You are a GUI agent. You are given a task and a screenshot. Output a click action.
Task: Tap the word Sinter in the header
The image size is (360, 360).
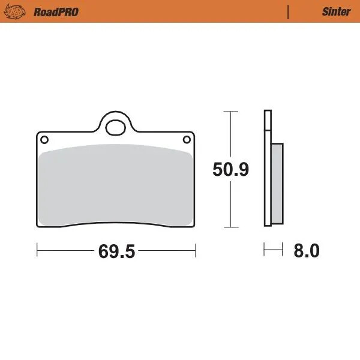click(x=337, y=11)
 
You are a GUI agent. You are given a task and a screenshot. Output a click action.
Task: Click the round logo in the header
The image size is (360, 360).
click(x=19, y=11)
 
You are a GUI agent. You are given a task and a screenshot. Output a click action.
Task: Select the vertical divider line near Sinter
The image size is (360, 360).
click(x=289, y=11)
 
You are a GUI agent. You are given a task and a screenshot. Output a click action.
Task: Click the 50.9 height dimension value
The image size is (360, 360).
click(x=230, y=170)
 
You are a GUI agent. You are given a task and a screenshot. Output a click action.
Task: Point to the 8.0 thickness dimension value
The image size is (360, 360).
click(x=306, y=251)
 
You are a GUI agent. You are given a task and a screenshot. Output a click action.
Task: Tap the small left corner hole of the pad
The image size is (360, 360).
click(x=43, y=140)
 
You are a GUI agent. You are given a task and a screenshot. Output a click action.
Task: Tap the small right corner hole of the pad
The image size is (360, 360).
click(x=187, y=140)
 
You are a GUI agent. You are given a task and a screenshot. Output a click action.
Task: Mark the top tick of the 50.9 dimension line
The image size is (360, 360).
click(x=227, y=111)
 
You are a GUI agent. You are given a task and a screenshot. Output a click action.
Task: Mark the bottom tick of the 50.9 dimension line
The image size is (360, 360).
click(x=227, y=227)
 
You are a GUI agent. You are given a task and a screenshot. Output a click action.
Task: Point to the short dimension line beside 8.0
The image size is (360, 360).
click(x=273, y=248)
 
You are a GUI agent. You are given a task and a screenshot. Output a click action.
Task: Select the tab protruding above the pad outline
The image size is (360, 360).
click(x=116, y=120)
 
